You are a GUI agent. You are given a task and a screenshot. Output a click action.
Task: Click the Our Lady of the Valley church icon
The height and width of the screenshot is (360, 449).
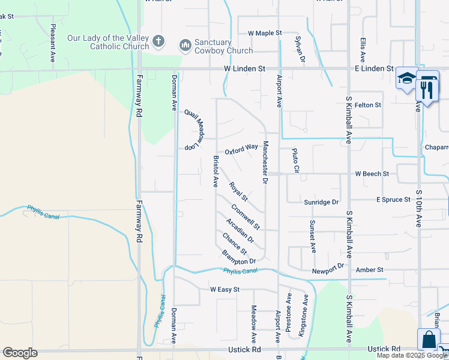coord(158,42)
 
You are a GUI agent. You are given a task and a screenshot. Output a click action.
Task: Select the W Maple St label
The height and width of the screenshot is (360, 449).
coord(265,33)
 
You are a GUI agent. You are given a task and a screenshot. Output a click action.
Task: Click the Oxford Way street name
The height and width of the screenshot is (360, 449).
coord(241,148)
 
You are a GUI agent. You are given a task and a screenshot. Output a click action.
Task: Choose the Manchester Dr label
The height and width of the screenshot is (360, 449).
coord(264,163)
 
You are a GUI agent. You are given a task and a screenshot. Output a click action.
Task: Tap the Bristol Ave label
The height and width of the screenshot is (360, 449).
coord(215,171)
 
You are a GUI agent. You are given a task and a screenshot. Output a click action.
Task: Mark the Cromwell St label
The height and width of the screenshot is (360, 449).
coord(246,217)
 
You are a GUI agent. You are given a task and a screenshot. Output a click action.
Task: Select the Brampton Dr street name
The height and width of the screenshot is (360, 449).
coord(239,257)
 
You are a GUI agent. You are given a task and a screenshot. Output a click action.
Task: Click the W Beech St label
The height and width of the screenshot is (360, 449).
coord(372,174)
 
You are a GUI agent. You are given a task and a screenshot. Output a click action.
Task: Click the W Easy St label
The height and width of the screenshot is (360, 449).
coord(224,289)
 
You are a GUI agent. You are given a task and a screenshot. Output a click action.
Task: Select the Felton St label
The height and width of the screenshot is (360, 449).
coord(368,105)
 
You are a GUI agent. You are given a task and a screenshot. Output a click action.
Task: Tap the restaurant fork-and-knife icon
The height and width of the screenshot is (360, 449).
coord(427,88)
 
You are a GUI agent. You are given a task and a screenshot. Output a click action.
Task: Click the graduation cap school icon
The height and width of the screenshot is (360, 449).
coord(406,79)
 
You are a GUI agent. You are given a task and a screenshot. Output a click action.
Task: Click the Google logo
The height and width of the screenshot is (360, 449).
coord(20,353)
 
